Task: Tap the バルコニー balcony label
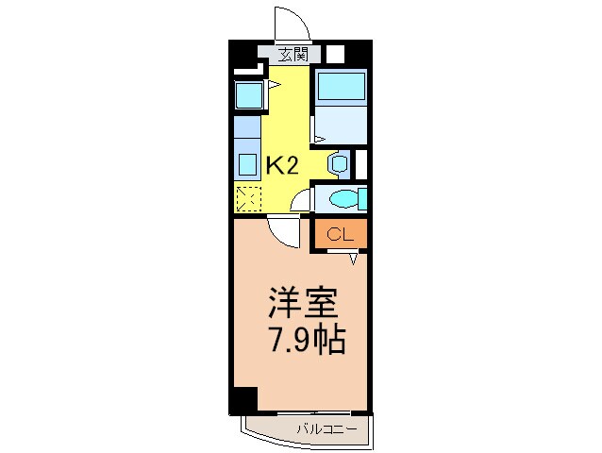click(326, 428)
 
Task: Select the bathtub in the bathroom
click(340, 88)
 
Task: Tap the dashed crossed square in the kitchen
click(247, 199)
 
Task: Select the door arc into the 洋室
click(281, 229)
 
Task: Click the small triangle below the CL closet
click(355, 257)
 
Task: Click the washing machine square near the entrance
click(248, 95)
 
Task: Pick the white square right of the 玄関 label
click(335, 54)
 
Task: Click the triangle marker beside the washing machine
click(273, 86)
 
